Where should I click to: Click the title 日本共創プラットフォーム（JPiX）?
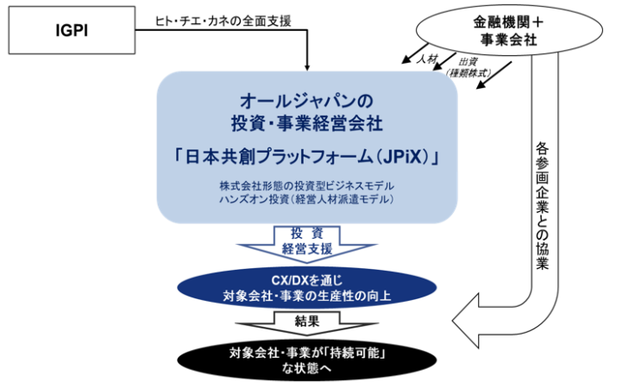point(307,157)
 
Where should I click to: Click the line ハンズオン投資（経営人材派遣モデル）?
point(307,200)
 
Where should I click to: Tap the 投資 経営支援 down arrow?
point(307,242)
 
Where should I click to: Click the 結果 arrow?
point(307,322)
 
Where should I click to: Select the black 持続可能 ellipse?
point(307,360)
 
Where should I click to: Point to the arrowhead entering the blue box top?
point(307,63)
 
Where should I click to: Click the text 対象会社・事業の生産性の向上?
point(307,297)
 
